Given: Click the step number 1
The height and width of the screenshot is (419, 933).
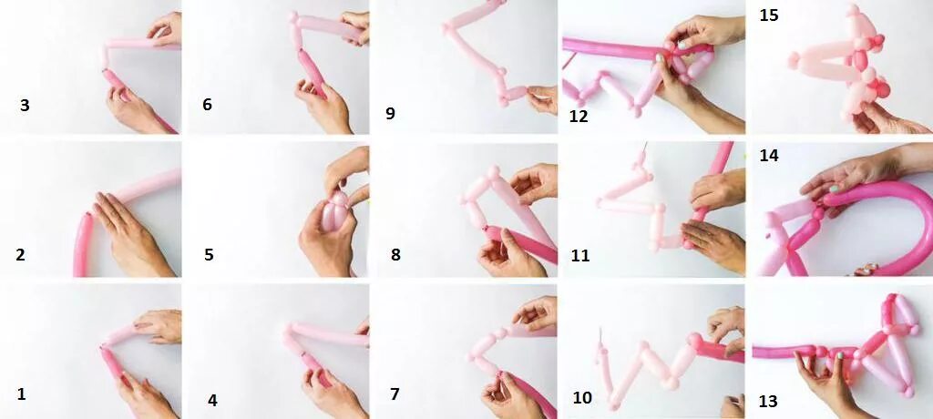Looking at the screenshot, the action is coord(22,394).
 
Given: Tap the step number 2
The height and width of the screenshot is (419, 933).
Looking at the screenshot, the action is coord(20,255).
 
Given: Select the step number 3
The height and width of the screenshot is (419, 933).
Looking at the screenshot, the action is coord(25,106).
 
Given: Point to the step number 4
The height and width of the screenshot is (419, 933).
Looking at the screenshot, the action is coord(212,401).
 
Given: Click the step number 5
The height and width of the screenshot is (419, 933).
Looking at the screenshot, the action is coord(209,255).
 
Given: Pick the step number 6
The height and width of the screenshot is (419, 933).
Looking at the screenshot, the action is coord(207,105).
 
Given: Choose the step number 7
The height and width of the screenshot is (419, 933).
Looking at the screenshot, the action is coord(395,394).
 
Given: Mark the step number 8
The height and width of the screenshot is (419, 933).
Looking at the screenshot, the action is coord(395,255).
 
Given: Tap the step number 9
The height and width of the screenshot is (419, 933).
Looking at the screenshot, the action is coord(390,113).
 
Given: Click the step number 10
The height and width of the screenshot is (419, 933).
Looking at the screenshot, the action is coord(582,397).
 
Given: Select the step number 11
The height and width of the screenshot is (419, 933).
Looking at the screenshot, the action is coord(580,256).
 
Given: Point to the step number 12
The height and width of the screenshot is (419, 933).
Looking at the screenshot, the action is coord(579,116).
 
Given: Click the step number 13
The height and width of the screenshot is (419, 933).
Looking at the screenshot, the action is coord(768,402).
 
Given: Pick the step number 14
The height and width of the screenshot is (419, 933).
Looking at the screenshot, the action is coord(769,156).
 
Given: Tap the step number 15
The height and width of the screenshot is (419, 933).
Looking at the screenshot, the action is coord(769,15).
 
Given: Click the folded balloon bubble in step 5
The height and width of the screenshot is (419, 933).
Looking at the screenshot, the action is coord(335,214).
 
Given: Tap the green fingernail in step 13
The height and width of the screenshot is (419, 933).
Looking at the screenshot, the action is coord(839,356).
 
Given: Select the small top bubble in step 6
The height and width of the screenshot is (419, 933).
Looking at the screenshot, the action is coord(293,18).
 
